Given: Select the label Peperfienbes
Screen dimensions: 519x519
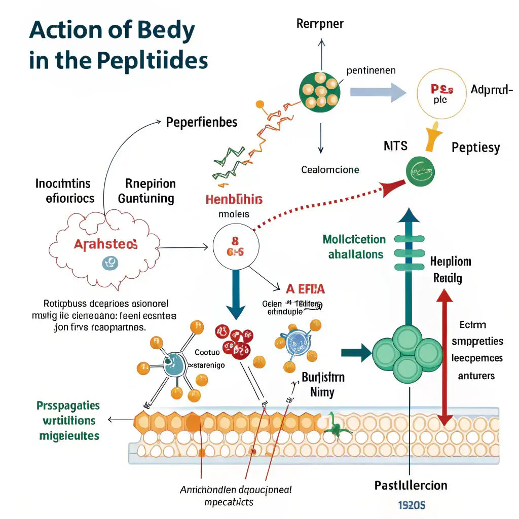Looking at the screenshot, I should tap(201, 122).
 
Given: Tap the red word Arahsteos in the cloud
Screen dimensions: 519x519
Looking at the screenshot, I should tap(105, 244).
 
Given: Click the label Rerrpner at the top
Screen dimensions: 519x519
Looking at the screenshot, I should tap(320, 24).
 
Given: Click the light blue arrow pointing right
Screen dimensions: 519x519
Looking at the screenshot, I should tap(378, 92).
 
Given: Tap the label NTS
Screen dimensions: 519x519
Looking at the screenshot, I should tap(396, 146).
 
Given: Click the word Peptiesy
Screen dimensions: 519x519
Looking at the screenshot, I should tap(475, 147).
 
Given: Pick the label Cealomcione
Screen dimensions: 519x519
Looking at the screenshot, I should tap(330, 170).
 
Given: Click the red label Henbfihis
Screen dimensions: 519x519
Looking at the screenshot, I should tap(234, 199).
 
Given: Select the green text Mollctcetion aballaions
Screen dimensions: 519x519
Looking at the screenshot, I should tap(354, 247).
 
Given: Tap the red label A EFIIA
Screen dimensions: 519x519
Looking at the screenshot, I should tap(305, 289).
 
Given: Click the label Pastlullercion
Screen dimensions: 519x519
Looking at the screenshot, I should tap(411, 485).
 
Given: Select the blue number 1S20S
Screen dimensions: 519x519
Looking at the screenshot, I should tap(411, 505).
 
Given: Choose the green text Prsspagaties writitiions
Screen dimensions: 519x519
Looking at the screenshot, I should tap(68, 413).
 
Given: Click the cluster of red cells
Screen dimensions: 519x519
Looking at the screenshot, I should tap(234, 341).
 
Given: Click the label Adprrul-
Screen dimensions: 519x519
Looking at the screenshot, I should tap(488, 90).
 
